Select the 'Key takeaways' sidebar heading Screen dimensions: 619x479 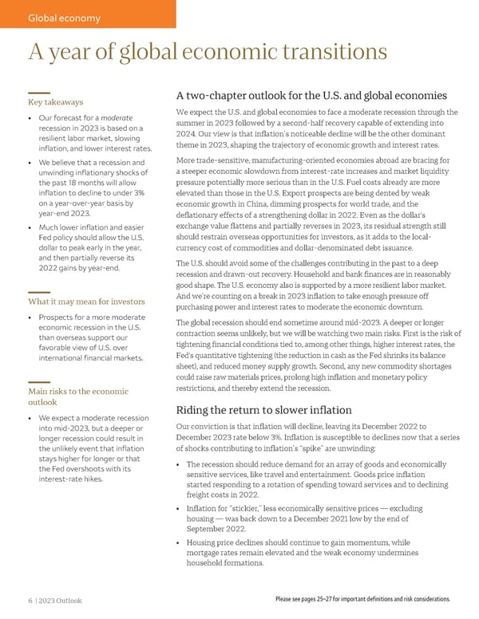[55, 102]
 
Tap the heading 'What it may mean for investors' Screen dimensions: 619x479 [86, 302]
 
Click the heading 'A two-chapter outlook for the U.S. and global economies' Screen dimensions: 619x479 [315, 97]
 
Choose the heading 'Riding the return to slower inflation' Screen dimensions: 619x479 [263, 410]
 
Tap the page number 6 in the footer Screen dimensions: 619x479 [30, 600]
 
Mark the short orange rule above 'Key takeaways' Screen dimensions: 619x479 [39, 93]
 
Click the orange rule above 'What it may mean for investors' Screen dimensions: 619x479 [39, 292]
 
